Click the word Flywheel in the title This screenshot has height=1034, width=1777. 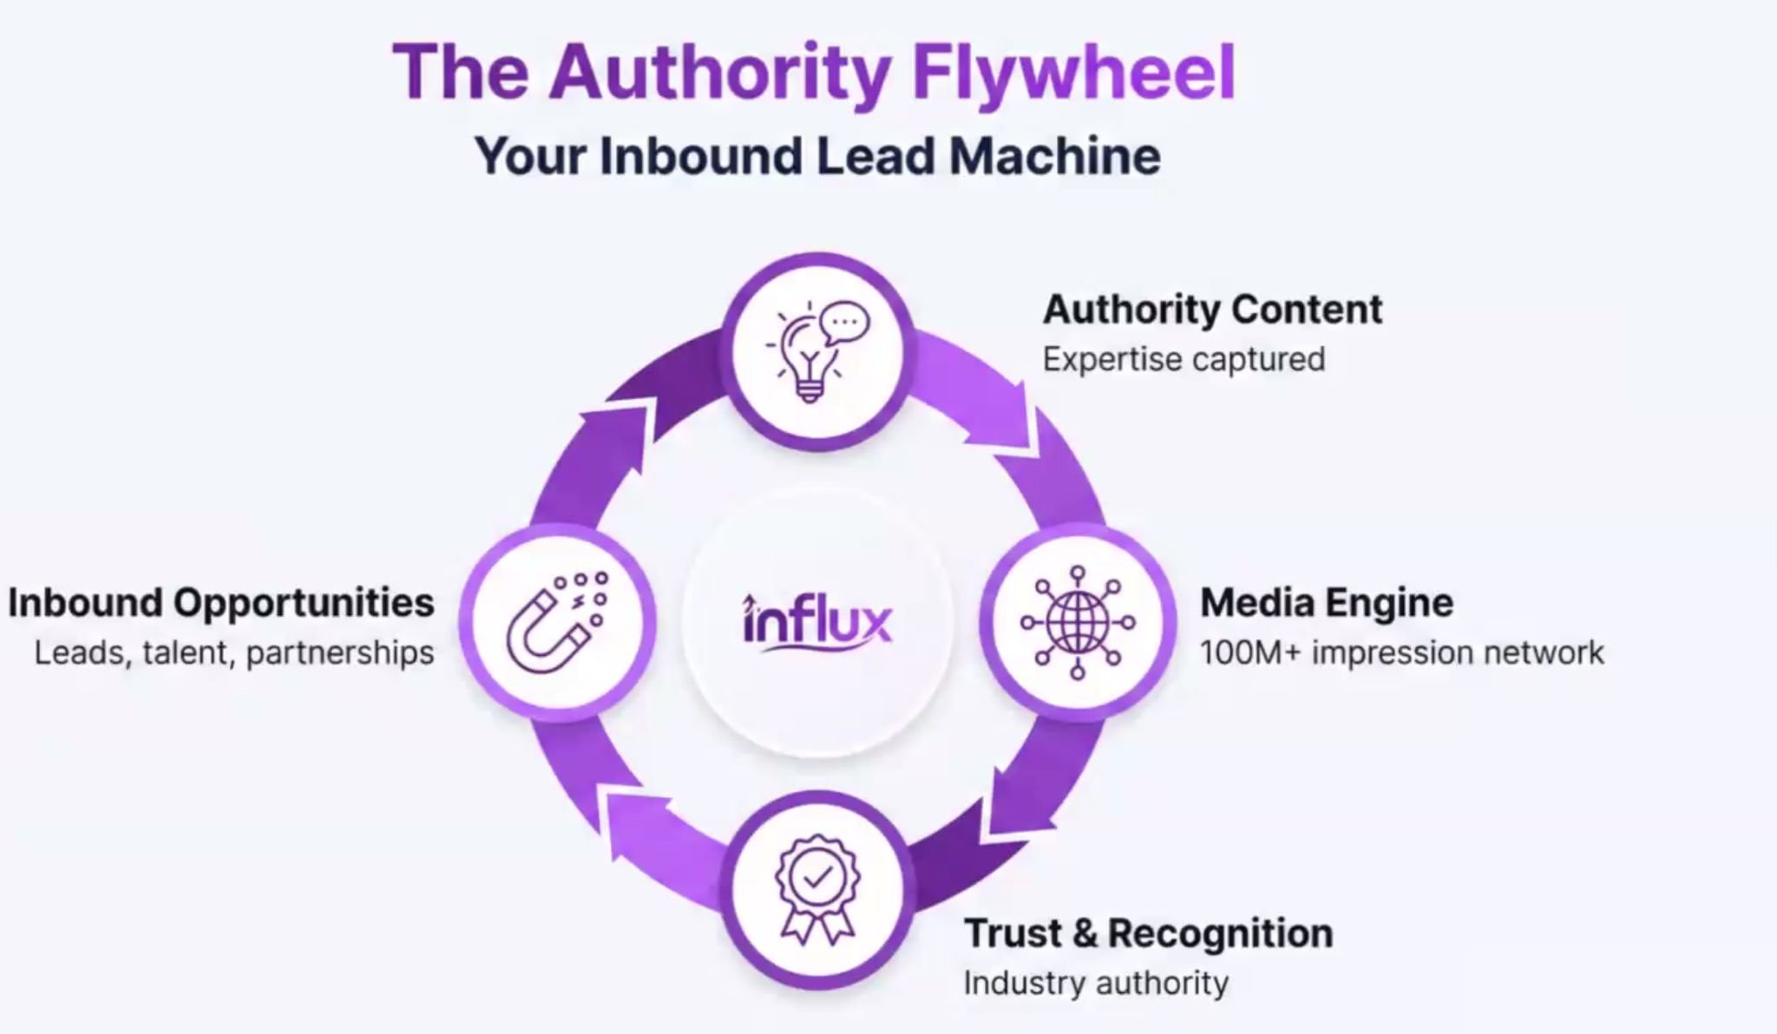coord(1073,73)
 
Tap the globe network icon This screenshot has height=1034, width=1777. coord(1078,622)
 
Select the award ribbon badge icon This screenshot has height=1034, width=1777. coord(817,889)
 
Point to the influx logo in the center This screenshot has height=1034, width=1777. coord(817,622)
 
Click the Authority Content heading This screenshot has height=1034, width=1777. coord(1212,310)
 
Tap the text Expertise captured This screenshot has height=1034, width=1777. coord(1184,359)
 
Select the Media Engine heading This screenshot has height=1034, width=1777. coord(1326,603)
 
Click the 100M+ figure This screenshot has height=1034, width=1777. coord(1250,652)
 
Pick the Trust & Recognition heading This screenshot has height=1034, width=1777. coord(1148,933)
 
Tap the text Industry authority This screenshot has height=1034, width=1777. coord(1096,983)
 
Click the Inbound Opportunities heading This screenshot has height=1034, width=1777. coord(221,603)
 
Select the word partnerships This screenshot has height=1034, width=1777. coord(340,652)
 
